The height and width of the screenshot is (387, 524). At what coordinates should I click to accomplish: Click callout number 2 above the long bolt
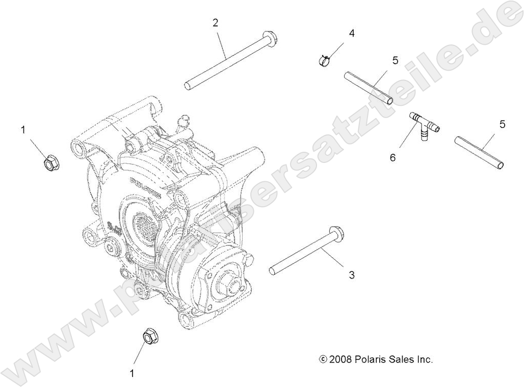pyautogui.click(x=216, y=22)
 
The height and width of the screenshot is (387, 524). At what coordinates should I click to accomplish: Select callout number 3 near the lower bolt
pyautogui.click(x=352, y=275)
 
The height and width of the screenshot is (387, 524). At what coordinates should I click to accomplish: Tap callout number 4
pyautogui.click(x=352, y=33)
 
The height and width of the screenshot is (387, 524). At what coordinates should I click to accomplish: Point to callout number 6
pyautogui.click(x=392, y=157)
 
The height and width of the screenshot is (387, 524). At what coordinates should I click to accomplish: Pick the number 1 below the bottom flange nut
pyautogui.click(x=132, y=373)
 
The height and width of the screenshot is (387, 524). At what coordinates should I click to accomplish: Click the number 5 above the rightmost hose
pyautogui.click(x=502, y=124)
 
